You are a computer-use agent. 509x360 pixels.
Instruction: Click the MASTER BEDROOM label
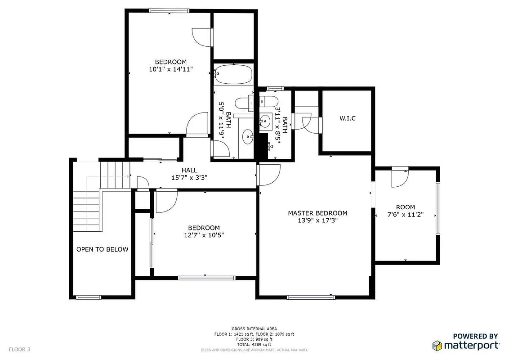(x=317, y=213)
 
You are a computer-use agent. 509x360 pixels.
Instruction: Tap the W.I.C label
(x=348, y=118)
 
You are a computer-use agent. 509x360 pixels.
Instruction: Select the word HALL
(x=189, y=170)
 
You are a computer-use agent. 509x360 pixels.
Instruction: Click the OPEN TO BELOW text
(x=102, y=249)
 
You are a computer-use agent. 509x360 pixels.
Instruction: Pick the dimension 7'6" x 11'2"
(x=406, y=215)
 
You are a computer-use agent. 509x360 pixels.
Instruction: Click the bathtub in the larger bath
(x=233, y=74)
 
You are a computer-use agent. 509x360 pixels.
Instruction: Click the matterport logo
(x=466, y=345)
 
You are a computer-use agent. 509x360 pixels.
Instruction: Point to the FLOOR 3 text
(x=19, y=349)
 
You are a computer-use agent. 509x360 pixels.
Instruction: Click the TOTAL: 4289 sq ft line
(x=254, y=344)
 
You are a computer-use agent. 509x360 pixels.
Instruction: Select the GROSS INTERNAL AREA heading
(x=254, y=329)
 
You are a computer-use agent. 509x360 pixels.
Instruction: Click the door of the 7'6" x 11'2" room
(x=400, y=177)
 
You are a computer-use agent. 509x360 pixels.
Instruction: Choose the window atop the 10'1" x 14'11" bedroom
(x=169, y=11)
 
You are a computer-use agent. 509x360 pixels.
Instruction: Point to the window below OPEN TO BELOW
(x=88, y=297)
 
